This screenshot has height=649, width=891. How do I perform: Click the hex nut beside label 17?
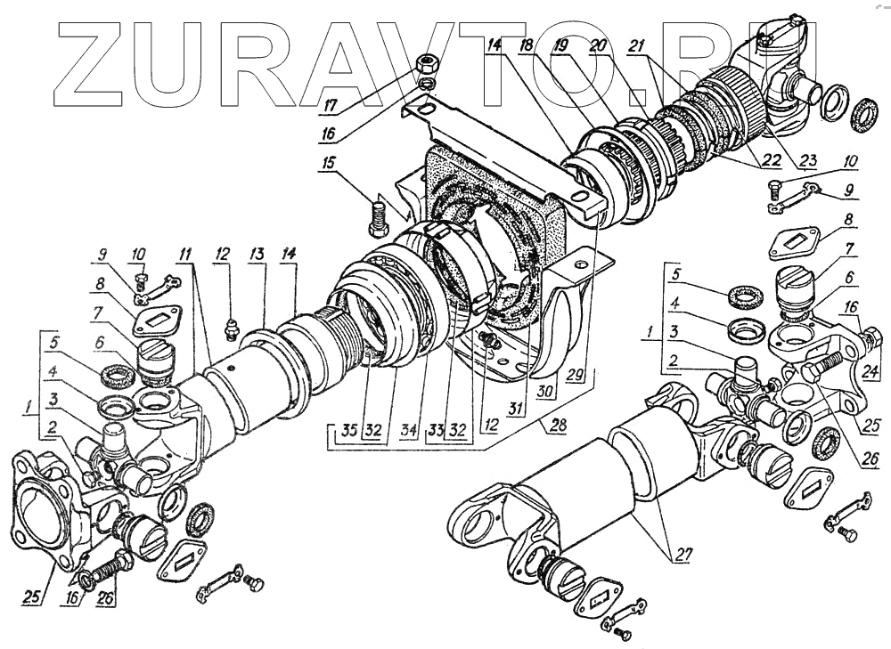[x=426, y=64]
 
